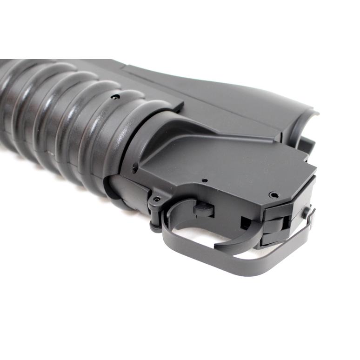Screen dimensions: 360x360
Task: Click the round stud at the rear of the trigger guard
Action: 306,213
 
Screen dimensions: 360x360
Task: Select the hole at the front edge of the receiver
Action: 134,168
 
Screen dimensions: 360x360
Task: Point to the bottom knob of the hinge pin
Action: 153,228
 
